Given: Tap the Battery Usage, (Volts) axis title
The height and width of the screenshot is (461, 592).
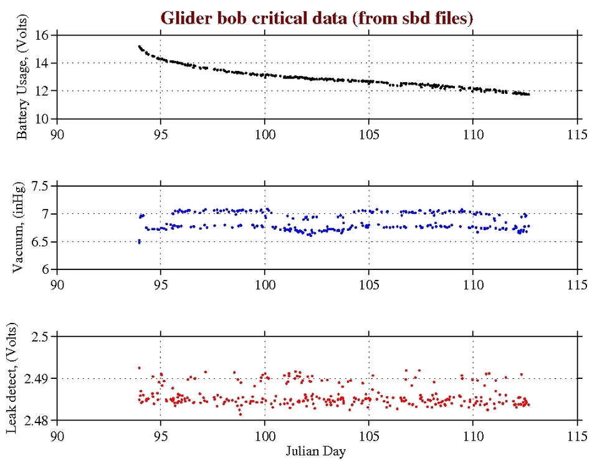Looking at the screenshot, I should click(x=22, y=77).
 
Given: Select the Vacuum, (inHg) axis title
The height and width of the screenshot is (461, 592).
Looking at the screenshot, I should click(x=22, y=228).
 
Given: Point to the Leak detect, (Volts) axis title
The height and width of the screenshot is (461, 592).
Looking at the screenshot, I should click(x=22, y=378).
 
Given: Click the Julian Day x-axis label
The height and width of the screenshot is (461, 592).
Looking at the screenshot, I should click(x=317, y=450).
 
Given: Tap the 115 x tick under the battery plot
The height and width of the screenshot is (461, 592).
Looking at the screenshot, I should click(x=577, y=133).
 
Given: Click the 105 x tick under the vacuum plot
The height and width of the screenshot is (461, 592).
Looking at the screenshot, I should click(x=369, y=284).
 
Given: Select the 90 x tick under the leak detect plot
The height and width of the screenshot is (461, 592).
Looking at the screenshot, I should click(x=57, y=435).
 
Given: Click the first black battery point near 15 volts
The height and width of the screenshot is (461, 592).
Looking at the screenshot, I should click(x=139, y=46).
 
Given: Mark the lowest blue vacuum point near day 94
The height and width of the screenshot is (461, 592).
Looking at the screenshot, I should click(x=139, y=241).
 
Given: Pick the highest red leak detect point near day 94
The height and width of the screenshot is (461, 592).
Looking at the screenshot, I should click(x=139, y=368).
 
